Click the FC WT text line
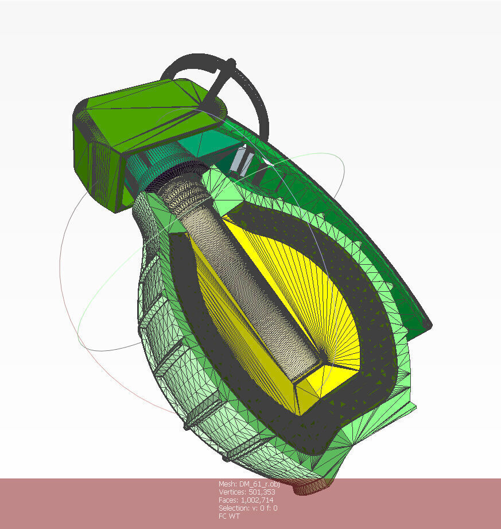229,516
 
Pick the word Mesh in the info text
227,484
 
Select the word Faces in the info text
228,500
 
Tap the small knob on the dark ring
231,62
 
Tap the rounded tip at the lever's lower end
426,325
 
